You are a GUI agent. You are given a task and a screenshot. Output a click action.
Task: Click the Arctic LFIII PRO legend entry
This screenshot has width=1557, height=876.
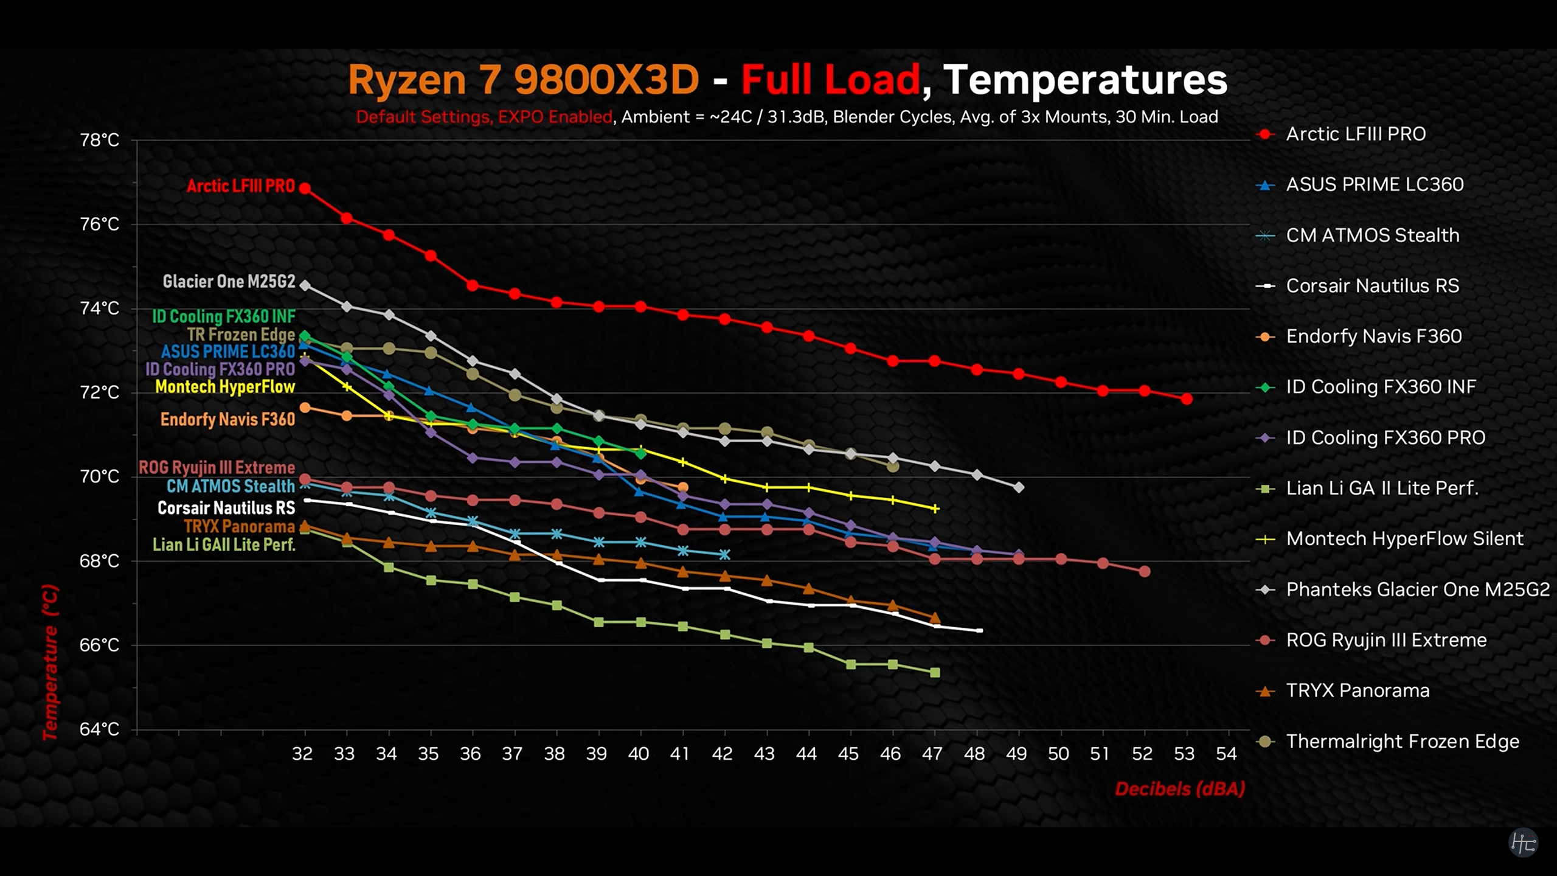(x=1355, y=134)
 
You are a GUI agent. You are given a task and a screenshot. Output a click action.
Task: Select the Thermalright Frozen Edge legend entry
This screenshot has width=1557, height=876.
(x=1402, y=742)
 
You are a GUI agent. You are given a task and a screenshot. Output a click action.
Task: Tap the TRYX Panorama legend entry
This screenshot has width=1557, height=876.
(x=1358, y=691)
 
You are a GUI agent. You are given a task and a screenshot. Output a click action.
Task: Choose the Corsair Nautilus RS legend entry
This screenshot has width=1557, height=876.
(x=1372, y=286)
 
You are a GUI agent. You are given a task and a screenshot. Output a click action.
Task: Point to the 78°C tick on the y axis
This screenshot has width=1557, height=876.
(x=100, y=141)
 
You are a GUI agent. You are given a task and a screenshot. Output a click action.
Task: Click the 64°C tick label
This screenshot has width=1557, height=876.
(x=100, y=729)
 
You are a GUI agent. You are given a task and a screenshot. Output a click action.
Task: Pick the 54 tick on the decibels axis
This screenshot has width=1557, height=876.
(x=1226, y=754)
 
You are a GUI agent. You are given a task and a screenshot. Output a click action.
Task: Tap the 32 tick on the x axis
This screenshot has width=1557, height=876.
(x=302, y=754)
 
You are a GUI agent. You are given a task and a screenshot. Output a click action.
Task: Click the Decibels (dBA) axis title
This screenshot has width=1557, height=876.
(x=1180, y=789)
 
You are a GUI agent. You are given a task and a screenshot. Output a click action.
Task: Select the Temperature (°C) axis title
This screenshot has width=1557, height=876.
(x=50, y=662)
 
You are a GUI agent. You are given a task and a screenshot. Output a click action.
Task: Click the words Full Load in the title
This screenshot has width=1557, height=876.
(x=830, y=80)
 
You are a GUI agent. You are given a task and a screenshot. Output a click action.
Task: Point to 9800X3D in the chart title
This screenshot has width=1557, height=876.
(x=606, y=80)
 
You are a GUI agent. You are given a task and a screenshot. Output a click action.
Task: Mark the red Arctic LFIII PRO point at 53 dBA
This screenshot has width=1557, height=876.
(x=1187, y=399)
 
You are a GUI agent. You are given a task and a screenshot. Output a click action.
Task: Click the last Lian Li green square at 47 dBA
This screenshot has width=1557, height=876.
(x=935, y=672)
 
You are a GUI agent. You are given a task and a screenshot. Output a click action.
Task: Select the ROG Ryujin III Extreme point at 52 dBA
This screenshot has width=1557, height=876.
(x=1145, y=571)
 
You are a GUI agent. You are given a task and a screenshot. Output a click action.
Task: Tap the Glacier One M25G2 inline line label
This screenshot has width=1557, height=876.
(x=229, y=282)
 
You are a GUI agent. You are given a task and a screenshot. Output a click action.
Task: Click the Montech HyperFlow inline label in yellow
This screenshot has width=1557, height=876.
(x=225, y=387)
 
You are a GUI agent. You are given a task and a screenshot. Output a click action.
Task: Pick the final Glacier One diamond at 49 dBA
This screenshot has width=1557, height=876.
(x=1019, y=487)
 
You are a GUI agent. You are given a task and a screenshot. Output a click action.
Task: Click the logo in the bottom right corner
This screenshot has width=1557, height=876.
(x=1524, y=843)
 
